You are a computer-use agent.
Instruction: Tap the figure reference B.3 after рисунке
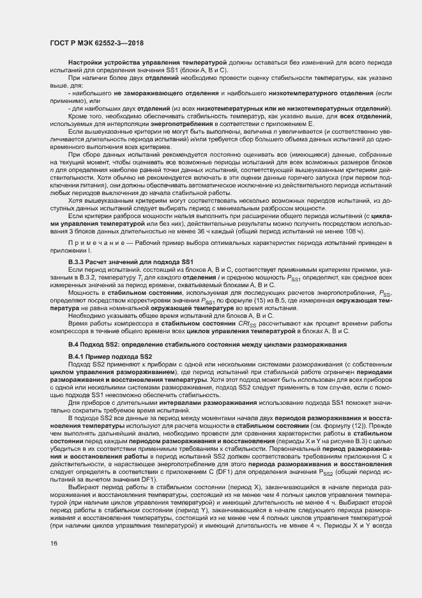tap(372, 441)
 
